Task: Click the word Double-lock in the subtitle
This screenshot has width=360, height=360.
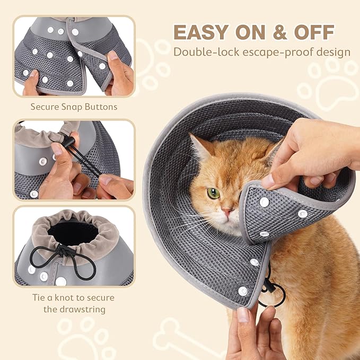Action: pyautogui.click(x=204, y=52)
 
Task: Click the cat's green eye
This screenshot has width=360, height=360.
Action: pyautogui.click(x=213, y=193)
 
